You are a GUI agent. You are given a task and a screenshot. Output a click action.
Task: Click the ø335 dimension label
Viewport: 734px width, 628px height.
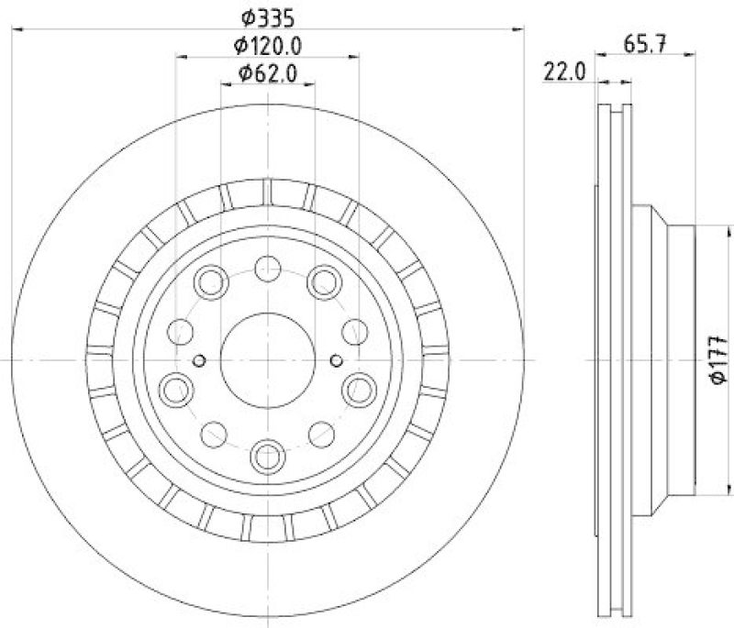(x=268, y=16)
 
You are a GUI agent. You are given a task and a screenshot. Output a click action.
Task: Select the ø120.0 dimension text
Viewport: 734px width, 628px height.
(x=268, y=43)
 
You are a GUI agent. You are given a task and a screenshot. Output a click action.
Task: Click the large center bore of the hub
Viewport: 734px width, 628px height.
(x=268, y=360)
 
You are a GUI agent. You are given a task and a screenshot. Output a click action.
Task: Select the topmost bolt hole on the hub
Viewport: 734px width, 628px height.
(x=268, y=269)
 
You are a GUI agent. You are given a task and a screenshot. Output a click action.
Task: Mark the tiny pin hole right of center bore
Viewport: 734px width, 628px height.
(x=336, y=360)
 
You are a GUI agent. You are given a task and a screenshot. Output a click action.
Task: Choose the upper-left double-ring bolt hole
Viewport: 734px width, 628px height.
(x=212, y=279)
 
